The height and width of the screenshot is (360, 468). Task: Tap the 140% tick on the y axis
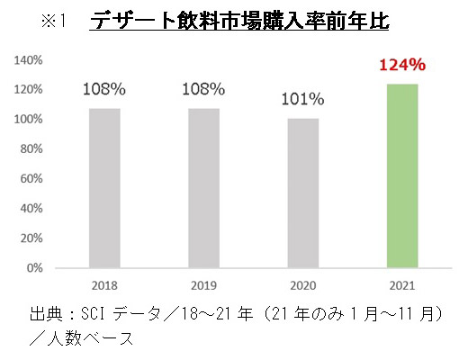click(31, 60)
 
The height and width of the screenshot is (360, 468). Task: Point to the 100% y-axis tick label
click(31, 120)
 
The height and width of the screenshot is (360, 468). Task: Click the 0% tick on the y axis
click(36, 268)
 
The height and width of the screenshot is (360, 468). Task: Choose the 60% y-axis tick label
click(33, 179)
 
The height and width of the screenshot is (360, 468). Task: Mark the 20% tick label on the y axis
click(33, 238)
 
